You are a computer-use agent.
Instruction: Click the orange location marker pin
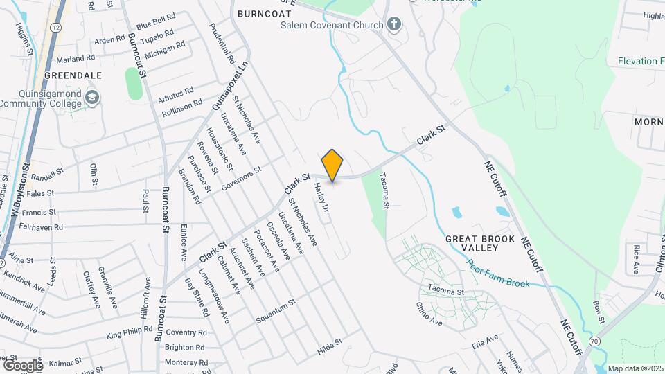332,165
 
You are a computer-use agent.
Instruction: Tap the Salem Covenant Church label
332,26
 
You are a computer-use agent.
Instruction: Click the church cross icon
394,26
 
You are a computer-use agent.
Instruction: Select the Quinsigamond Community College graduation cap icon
92,98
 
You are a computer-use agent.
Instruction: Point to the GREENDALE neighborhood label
73,75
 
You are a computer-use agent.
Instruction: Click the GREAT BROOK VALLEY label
480,243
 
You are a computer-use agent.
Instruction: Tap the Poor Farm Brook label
497,274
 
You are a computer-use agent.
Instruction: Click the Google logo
23,365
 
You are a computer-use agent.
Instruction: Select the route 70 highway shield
595,341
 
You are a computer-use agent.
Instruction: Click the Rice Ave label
636,258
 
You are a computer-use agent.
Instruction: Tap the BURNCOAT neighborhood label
260,13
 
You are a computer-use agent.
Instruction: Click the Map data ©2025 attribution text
635,368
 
